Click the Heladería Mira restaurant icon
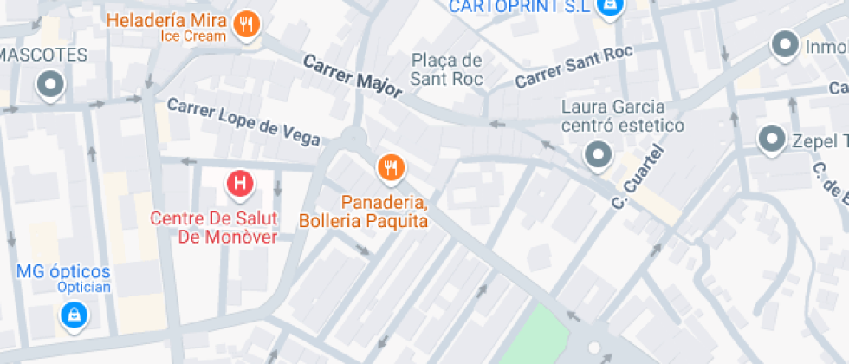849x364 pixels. pyautogui.click(x=247, y=27)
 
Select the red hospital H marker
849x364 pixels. pyautogui.click(x=240, y=183)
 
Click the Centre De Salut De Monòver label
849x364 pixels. pyautogui.click(x=214, y=228)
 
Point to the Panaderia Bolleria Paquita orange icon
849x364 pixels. pyautogui.click(x=391, y=167)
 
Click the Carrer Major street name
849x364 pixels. pyautogui.click(x=353, y=75)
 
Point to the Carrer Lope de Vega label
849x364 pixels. pyautogui.click(x=243, y=120)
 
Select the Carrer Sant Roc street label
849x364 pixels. pyautogui.click(x=574, y=67)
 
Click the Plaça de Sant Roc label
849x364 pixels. pyautogui.click(x=446, y=68)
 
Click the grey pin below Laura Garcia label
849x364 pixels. pyautogui.click(x=598, y=156)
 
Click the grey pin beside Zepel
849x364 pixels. pyautogui.click(x=770, y=139)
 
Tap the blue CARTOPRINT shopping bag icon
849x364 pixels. pyautogui.click(x=612, y=5)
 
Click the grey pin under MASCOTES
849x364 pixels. pyautogui.click(x=50, y=85)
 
